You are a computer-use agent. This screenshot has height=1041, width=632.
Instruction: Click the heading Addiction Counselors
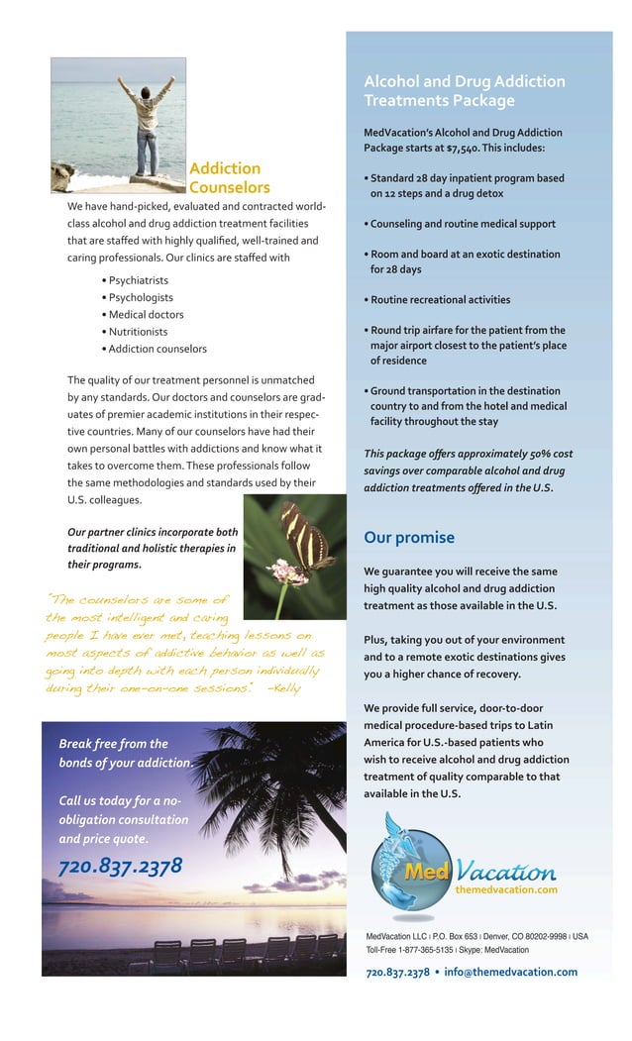(x=229, y=177)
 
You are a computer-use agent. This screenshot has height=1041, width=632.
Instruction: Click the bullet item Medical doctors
(x=145, y=315)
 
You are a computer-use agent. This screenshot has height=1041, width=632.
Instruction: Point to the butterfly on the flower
(x=301, y=539)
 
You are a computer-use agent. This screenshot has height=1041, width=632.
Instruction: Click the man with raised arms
(x=145, y=116)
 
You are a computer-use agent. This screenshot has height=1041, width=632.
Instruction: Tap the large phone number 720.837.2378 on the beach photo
(x=120, y=867)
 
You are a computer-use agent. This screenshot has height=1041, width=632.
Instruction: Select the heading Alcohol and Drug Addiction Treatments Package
(x=464, y=91)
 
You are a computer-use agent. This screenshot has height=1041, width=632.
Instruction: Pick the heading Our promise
(x=408, y=538)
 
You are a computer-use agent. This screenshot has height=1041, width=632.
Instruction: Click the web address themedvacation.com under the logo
(x=505, y=889)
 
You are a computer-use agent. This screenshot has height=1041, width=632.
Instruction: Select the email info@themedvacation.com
(x=510, y=972)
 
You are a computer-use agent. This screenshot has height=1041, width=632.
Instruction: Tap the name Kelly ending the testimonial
(x=289, y=688)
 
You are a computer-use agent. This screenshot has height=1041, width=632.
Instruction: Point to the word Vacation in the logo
(x=505, y=871)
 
